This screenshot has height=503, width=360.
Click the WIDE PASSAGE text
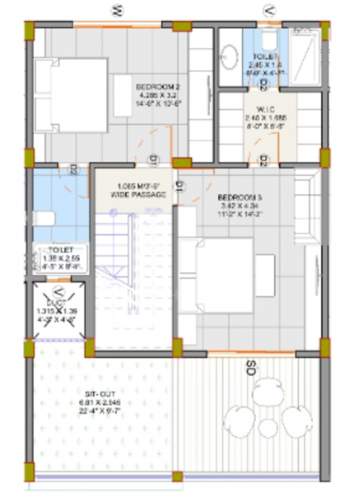coord(138,194)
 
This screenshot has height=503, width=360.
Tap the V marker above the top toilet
coord(269,11)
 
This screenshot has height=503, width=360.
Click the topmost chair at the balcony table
coord(268,387)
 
